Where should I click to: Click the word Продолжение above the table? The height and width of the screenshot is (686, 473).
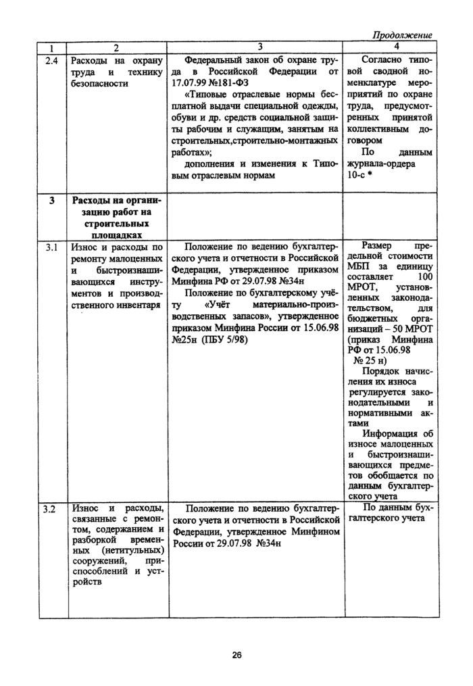click(x=402, y=35)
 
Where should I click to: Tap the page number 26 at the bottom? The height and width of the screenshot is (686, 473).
click(x=236, y=654)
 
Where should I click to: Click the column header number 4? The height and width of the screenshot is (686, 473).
click(x=396, y=47)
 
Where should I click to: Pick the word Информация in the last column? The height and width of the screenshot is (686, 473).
click(x=391, y=433)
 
